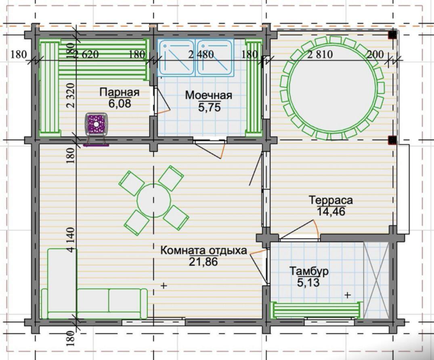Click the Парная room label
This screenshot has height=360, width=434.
tap(119, 92)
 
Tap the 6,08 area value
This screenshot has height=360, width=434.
tap(120, 104)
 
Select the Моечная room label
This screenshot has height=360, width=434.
tap(208, 96)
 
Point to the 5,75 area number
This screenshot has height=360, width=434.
tap(210, 107)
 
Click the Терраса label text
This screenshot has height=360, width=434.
tap(331, 200)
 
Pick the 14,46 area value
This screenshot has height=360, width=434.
tap(331, 212)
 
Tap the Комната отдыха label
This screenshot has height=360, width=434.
tap(203, 250)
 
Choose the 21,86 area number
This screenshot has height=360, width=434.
tap(203, 262)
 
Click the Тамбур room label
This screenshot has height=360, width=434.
tap(309, 271)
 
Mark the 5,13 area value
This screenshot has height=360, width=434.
tap(308, 283)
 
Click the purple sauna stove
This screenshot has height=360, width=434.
tap(96, 125)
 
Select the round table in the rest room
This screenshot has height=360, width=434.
tap(154, 200)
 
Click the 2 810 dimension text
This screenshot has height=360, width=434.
tap(320, 54)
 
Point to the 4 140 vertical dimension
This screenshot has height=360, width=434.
tap(71, 240)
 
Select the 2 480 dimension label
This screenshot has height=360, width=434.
tap(201, 54)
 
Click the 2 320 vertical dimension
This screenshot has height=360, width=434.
tap(71, 95)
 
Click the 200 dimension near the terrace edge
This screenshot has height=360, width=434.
tap(375, 54)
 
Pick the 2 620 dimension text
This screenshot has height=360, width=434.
tap(86, 54)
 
